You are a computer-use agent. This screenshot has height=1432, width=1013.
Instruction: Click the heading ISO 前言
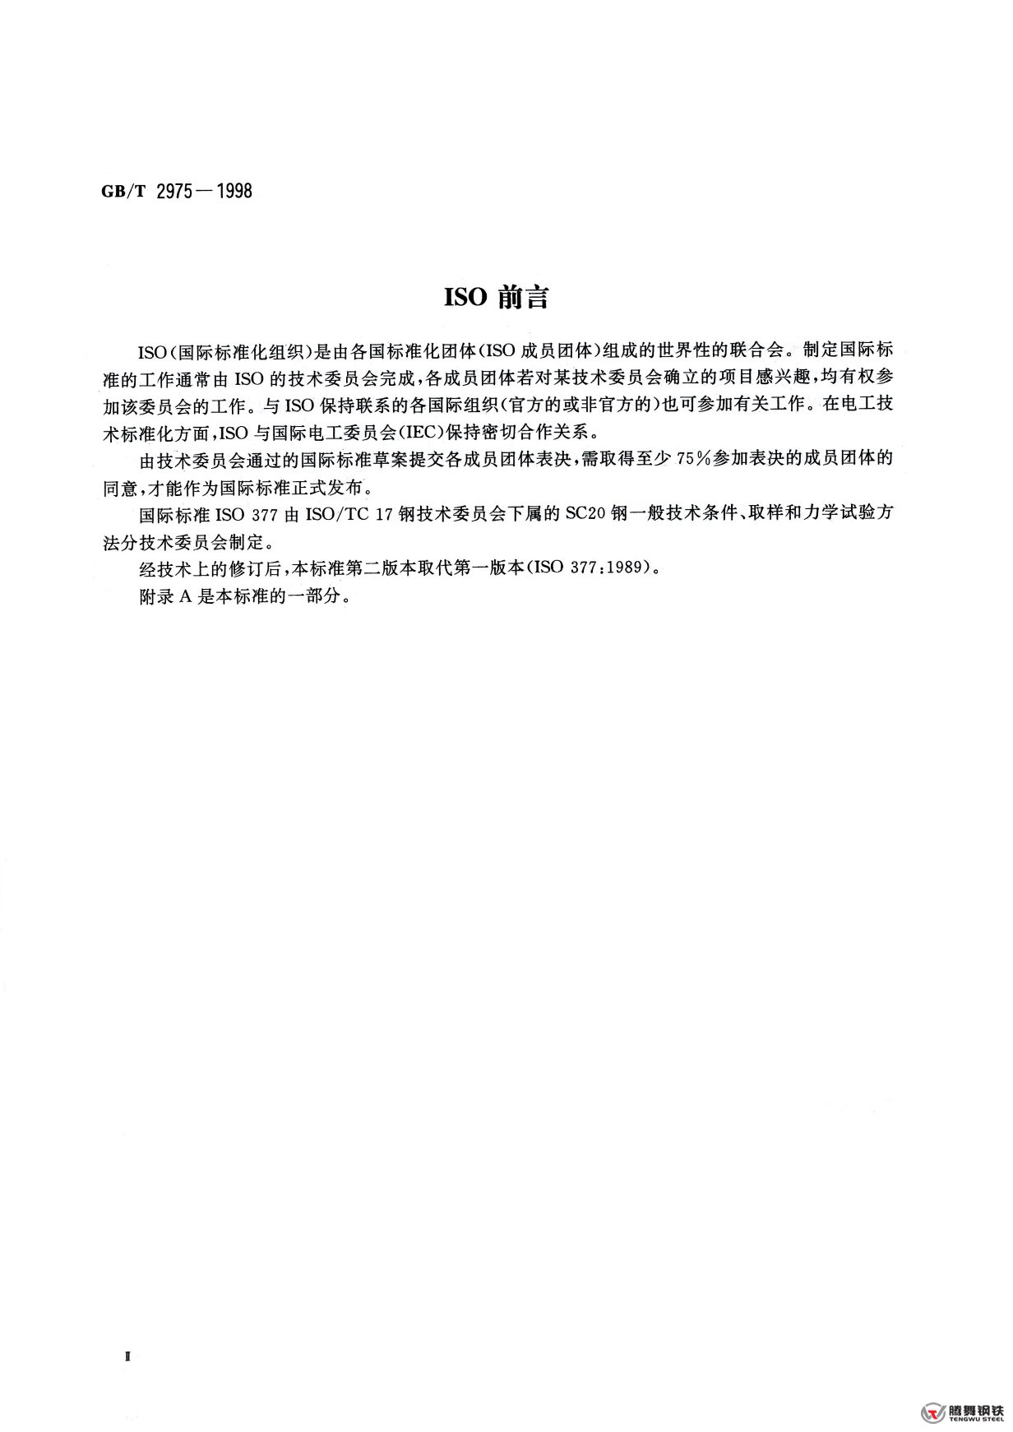coord(497,299)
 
